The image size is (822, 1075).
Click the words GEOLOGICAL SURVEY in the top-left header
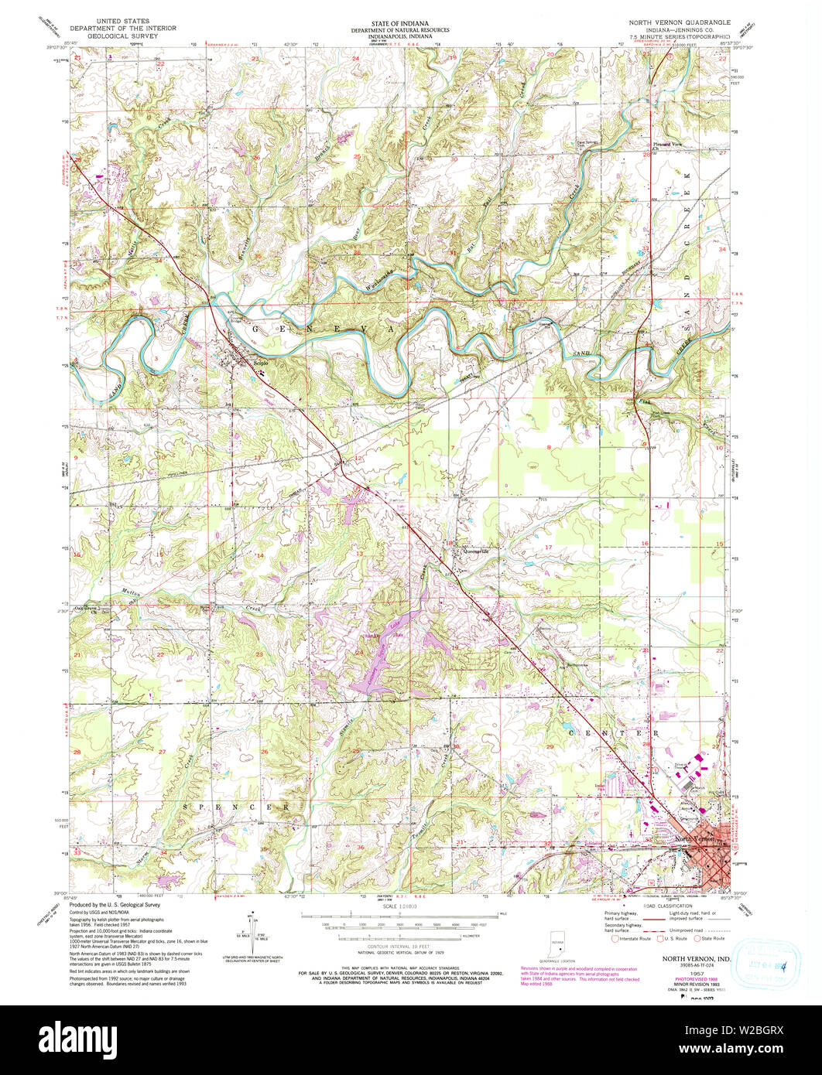(125, 36)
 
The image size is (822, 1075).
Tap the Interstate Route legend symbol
(617, 940)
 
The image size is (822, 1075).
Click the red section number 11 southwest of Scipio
(258, 458)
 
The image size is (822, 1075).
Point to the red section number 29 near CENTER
(550, 746)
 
